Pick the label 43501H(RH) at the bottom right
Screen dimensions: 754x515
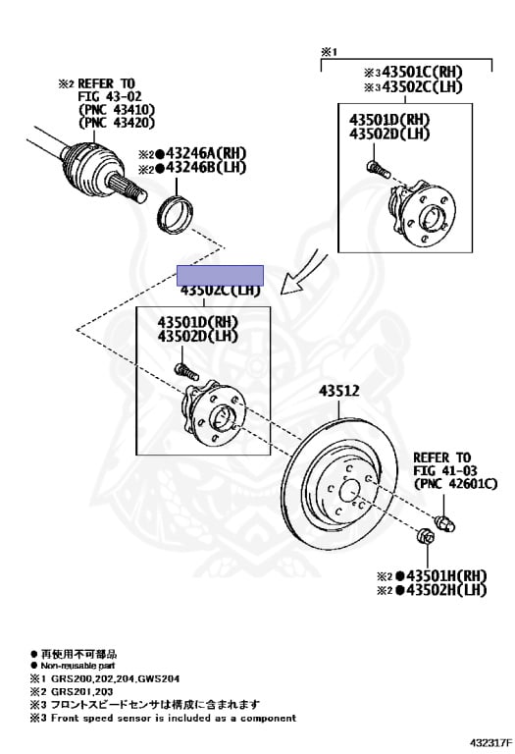point(446,574)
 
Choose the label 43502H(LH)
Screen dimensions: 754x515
point(446,590)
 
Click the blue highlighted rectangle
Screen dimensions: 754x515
point(220,275)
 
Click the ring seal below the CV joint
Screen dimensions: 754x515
point(177,210)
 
